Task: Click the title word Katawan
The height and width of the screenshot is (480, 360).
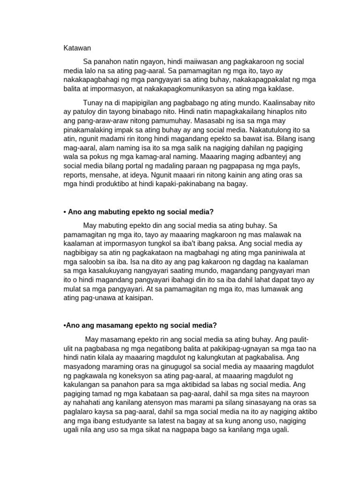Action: (77, 48)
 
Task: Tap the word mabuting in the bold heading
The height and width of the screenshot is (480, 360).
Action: (109, 212)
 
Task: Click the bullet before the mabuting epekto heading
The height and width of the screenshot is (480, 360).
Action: (65, 212)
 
